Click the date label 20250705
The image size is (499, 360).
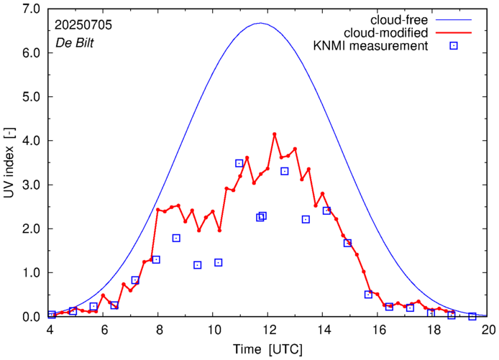(x=83, y=24)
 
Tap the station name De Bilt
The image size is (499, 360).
(x=75, y=42)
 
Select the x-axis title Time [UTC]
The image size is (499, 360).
(x=270, y=349)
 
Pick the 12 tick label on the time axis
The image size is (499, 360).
(x=270, y=330)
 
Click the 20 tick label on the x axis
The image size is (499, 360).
(x=489, y=330)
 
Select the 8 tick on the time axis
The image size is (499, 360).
(x=160, y=330)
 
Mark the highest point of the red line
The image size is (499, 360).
(x=275, y=134)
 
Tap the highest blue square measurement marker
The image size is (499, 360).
(x=239, y=163)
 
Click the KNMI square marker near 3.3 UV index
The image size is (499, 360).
(x=285, y=171)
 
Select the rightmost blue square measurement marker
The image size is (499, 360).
(x=472, y=316)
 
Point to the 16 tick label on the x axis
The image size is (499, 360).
(x=379, y=330)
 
